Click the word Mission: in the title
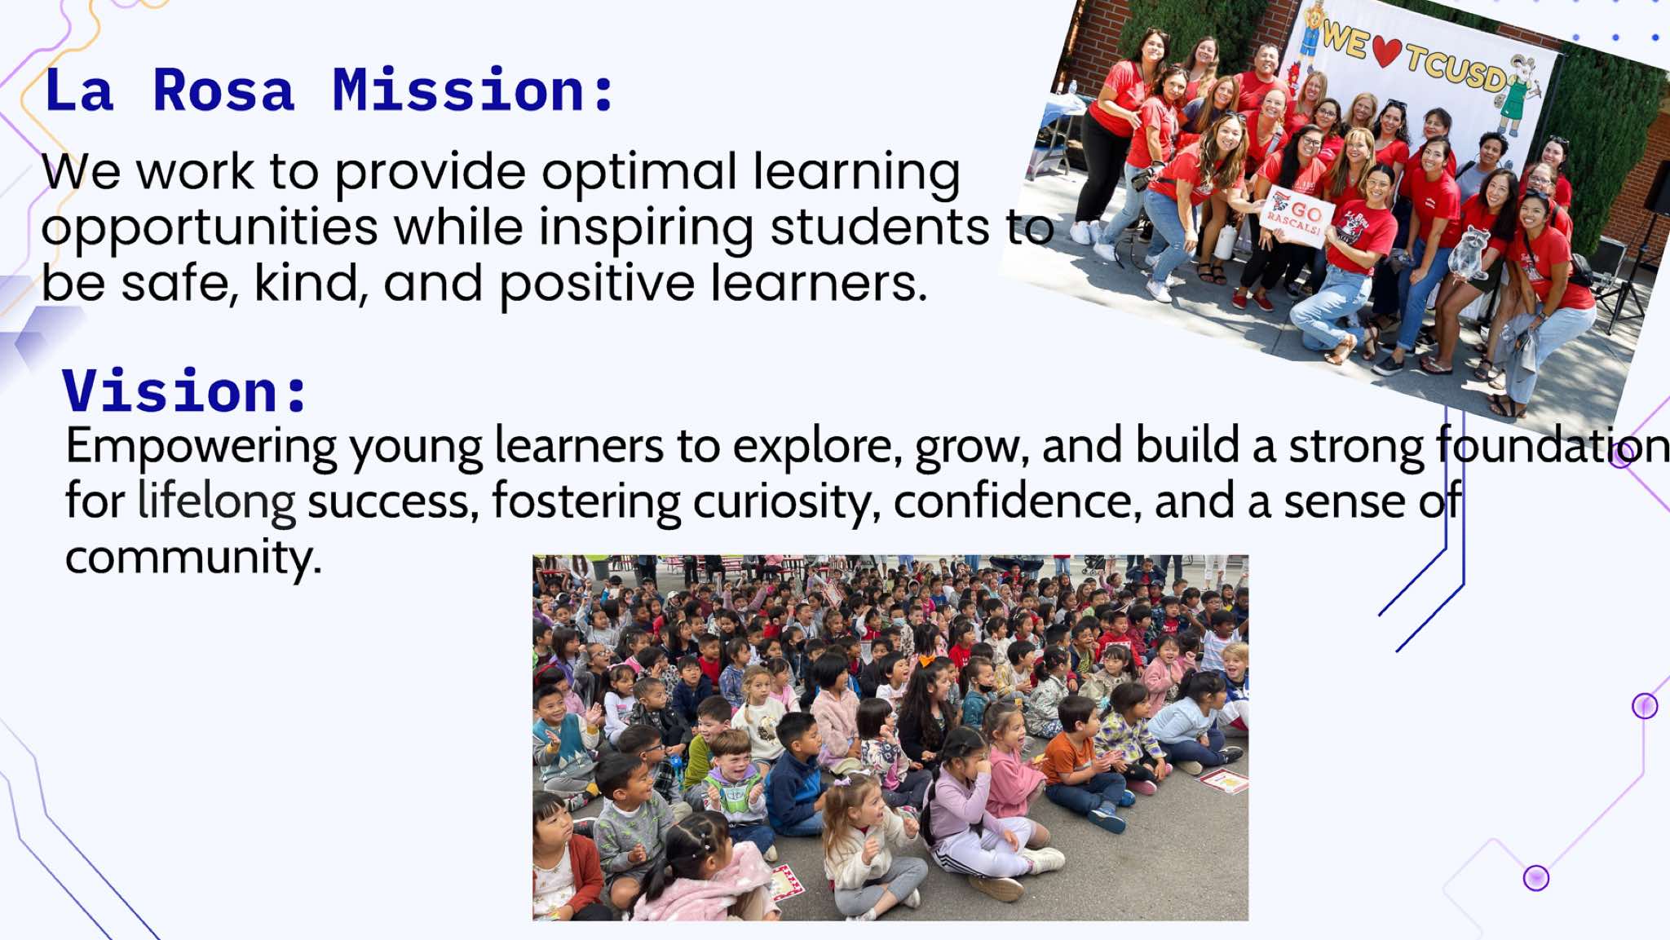(473, 90)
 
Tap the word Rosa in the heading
(223, 90)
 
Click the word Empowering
(201, 448)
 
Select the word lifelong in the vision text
(216, 502)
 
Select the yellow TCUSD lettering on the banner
(1456, 66)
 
